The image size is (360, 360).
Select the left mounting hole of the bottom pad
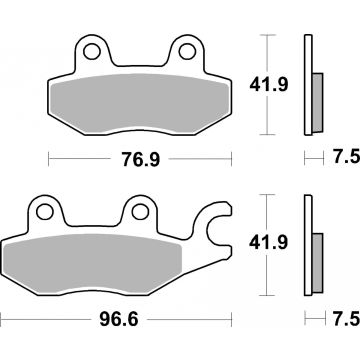tap(42, 211)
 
